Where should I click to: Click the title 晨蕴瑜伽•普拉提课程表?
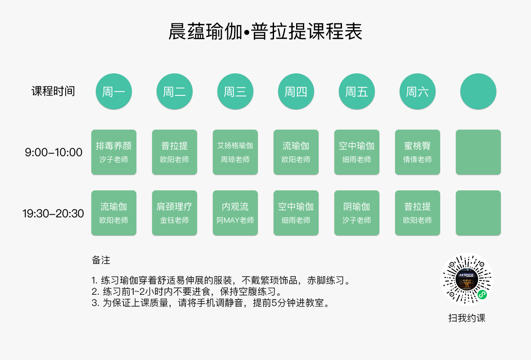[265, 32]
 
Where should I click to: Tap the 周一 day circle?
[114, 92]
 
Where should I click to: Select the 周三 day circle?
[235, 92]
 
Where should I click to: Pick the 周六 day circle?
[418, 92]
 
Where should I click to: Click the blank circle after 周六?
[478, 92]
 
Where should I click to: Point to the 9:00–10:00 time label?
[54, 153]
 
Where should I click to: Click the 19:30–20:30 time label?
[54, 213]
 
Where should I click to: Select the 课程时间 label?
[53, 91]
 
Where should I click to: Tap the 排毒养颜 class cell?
[114, 152]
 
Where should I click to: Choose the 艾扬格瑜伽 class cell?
[235, 152]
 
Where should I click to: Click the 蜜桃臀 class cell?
[418, 152]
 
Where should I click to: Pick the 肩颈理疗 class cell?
[175, 213]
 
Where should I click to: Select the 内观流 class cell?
[235, 213]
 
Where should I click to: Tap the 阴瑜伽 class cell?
[357, 213]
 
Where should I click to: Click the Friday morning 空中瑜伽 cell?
[357, 152]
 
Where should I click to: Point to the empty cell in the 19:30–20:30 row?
[478, 213]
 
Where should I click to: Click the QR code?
[467, 280]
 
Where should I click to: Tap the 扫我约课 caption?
[467, 318]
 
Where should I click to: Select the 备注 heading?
[101, 260]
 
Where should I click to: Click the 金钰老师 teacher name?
[175, 220]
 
